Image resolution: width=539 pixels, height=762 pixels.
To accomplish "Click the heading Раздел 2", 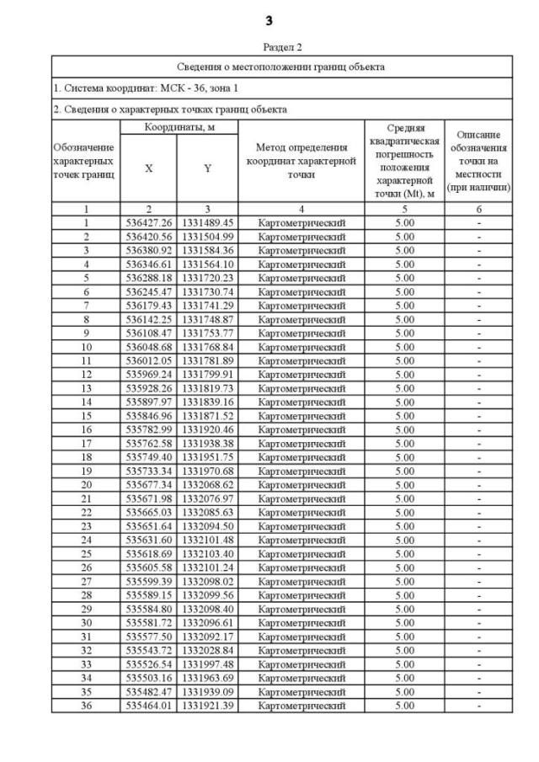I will pyautogui.click(x=269, y=47).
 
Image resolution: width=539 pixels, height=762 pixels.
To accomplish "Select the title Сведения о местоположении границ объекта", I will pyautogui.click(x=281, y=67).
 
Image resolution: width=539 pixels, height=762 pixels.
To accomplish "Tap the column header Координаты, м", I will pyautogui.click(x=178, y=126).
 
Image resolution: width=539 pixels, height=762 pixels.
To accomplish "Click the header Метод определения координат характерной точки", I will pyautogui.click(x=301, y=161).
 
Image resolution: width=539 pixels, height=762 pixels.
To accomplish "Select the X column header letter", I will pyautogui.click(x=148, y=168).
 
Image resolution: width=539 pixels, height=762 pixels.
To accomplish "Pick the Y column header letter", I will pyautogui.click(x=207, y=168).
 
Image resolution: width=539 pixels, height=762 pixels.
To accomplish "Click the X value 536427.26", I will pyautogui.click(x=148, y=222).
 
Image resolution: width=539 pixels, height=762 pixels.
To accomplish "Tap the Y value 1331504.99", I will pyautogui.click(x=207, y=237).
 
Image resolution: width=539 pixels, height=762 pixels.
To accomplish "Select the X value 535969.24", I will pyautogui.click(x=148, y=374).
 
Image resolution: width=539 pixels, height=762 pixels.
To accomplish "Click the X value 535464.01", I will pyautogui.click(x=148, y=705).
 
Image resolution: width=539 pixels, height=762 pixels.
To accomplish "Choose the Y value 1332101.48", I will pyautogui.click(x=207, y=540).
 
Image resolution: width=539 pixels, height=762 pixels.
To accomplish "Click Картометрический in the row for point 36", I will pyautogui.click(x=301, y=705).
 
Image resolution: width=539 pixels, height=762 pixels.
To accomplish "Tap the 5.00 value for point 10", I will pyautogui.click(x=405, y=346).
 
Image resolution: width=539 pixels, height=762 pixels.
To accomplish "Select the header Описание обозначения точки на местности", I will pyautogui.click(x=479, y=161).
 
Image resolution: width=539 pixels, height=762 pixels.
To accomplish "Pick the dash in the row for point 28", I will pyautogui.click(x=479, y=594).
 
